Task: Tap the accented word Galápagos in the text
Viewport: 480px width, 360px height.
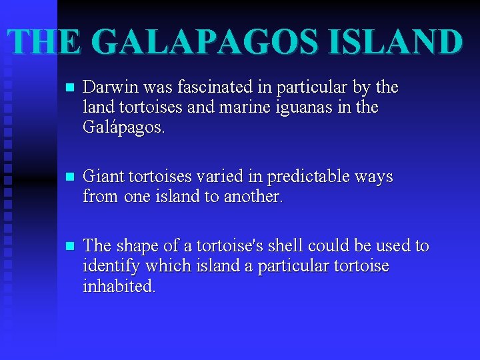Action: (x=123, y=128)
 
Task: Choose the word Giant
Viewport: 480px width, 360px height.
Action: (x=103, y=177)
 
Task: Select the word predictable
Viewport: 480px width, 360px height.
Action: (x=306, y=177)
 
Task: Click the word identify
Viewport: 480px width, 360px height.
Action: (x=109, y=267)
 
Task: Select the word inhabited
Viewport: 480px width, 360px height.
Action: (x=119, y=287)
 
